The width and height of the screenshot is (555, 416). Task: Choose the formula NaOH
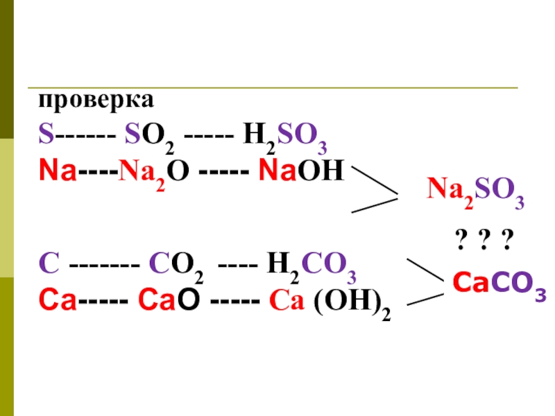tap(300, 170)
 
